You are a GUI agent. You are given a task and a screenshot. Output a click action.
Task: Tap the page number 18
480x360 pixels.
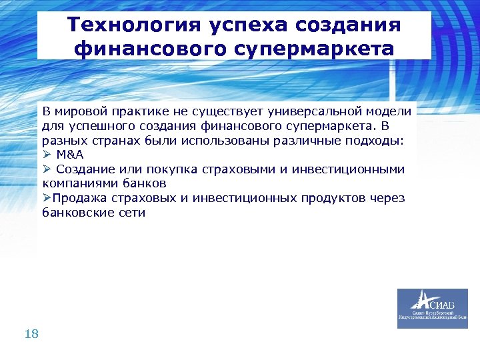pyautogui.click(x=31, y=334)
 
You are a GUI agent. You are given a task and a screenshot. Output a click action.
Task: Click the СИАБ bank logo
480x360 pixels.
pyautogui.click(x=432, y=308)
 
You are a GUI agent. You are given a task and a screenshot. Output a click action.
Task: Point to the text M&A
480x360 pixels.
pyautogui.click(x=70, y=153)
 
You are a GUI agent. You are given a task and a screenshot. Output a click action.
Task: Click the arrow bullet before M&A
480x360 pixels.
pyautogui.click(x=47, y=153)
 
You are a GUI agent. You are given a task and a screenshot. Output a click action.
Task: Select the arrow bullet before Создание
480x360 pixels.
pyautogui.click(x=47, y=169)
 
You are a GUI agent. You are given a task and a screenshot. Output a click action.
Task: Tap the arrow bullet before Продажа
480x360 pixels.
pyautogui.click(x=47, y=198)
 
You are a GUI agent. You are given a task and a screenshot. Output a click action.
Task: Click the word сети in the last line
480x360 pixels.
pyautogui.click(x=132, y=213)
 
